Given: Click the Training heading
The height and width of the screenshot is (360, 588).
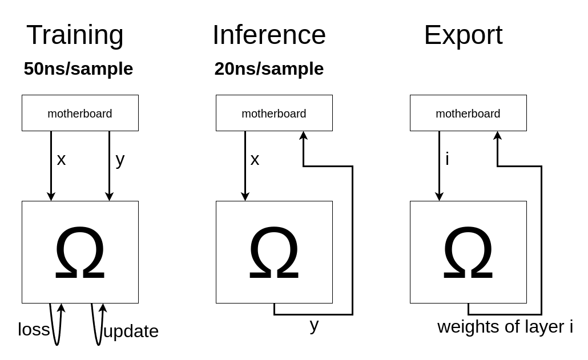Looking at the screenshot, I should coord(75,35).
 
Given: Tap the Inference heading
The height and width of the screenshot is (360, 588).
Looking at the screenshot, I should coord(269,35).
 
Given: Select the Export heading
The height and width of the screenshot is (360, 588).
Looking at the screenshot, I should coord(463,35).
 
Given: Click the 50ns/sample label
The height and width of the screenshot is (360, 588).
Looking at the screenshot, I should coord(78,68).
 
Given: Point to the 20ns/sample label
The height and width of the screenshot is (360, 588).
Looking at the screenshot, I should coord(269,68).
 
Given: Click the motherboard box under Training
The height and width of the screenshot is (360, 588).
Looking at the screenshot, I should coord(80,113).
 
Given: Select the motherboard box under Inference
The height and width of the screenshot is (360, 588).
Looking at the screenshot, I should coord(274,113).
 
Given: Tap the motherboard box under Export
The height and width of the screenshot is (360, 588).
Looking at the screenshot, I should coord(468,113).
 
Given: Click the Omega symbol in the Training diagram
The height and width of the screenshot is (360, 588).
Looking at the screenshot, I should coord(80,253).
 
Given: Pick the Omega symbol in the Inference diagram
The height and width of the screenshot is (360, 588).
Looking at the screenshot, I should coord(274,253).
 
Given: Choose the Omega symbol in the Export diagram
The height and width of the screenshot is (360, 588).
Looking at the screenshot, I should coord(468,253).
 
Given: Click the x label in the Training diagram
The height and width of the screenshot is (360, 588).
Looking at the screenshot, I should coord(61,159).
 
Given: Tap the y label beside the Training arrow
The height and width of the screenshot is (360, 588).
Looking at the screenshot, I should coord(120,159).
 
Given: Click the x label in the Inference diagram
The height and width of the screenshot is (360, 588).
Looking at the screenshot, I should coord(255,159).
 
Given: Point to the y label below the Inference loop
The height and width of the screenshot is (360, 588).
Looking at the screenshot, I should coord(314,325).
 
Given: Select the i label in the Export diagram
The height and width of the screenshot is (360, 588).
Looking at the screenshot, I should coord(447,159).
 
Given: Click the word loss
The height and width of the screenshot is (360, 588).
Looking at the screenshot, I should coord(34,330).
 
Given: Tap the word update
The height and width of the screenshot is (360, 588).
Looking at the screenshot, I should coord(131,331).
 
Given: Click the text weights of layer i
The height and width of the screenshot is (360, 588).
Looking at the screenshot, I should coord(505,327).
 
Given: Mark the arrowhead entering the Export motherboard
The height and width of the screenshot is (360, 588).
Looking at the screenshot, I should coord(497,136).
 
